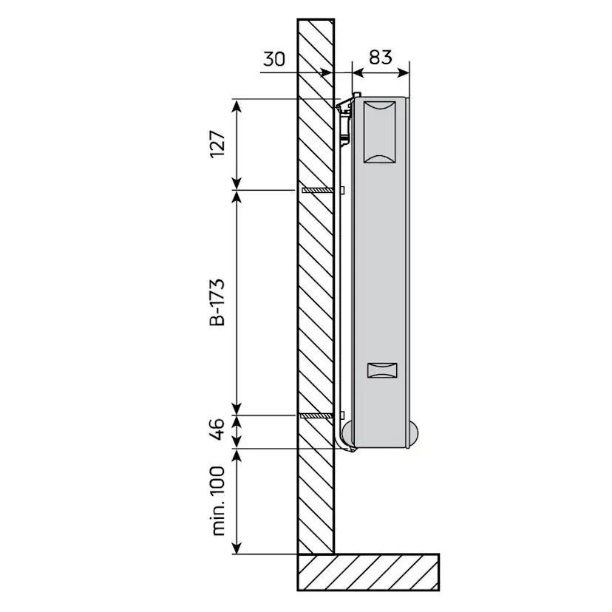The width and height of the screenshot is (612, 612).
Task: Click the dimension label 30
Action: click(274, 59)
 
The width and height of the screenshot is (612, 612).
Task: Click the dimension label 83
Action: click(380, 58)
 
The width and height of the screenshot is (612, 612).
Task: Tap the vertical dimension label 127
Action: click(218, 144)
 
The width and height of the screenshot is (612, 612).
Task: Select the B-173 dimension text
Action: click(217, 302)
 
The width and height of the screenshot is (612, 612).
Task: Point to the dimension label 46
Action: click(217, 429)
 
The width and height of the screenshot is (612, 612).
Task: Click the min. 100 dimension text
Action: click(218, 501)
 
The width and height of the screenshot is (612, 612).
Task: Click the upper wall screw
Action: click(318, 190)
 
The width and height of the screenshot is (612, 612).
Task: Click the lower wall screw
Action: click(317, 415)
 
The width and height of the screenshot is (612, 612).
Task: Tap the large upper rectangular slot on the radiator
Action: click(379, 132)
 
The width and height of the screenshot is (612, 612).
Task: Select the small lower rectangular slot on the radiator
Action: click(382, 370)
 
